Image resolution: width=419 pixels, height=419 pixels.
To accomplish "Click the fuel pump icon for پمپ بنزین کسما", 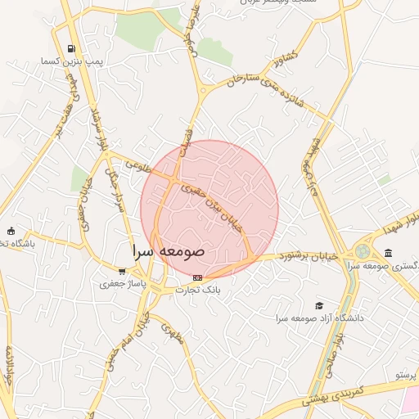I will [x=73, y=48].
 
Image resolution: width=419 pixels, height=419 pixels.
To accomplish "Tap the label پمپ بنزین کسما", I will [x=73, y=62].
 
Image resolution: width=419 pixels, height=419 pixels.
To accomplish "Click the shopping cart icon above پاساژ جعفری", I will [x=122, y=272].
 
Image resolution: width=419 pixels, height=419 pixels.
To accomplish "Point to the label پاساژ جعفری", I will [x=122, y=285].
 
